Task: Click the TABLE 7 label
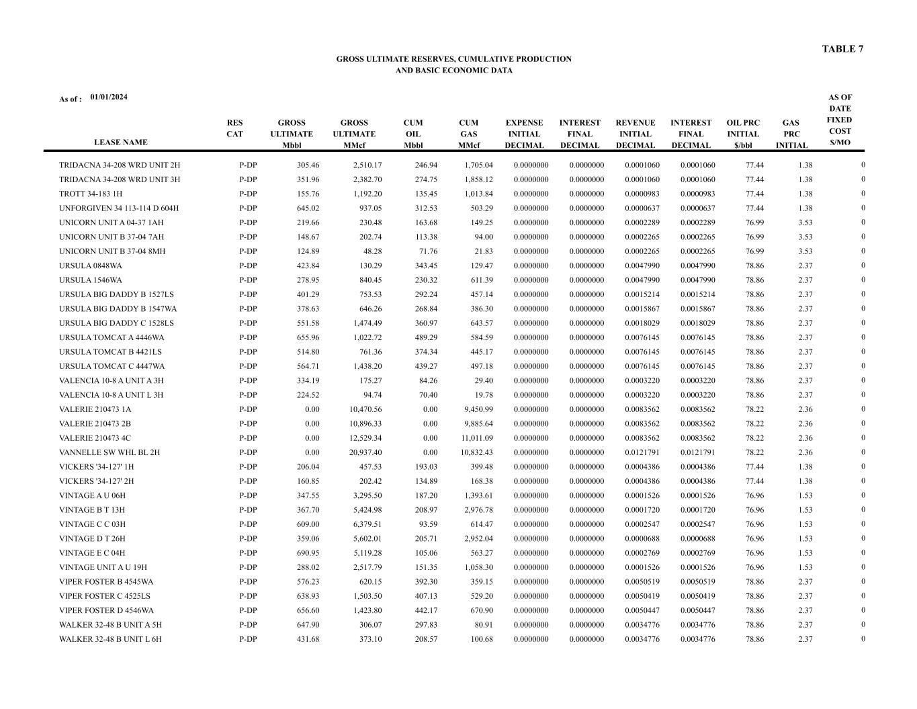[x=842, y=49]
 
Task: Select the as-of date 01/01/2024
[x=109, y=97]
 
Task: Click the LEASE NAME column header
[x=120, y=142]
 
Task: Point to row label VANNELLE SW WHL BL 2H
[x=110, y=453]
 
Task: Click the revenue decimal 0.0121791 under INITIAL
[x=642, y=453]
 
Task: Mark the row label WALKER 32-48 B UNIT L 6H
[x=110, y=639]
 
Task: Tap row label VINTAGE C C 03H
[x=92, y=524]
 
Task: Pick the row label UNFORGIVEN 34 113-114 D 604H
[x=119, y=208]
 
